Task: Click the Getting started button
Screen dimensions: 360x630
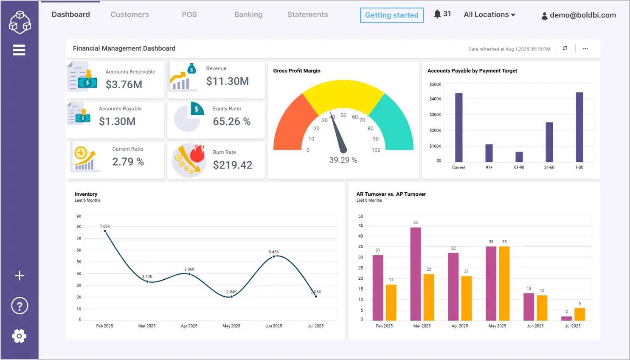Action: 391,15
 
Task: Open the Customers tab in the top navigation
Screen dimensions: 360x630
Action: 129,14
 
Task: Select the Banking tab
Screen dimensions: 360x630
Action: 248,14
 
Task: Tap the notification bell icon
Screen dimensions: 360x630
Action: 437,14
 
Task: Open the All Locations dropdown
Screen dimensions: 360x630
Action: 489,14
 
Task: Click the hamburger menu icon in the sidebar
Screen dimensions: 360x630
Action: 19,50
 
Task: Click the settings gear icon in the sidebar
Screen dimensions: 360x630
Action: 19,336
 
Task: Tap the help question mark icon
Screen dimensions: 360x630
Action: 20,306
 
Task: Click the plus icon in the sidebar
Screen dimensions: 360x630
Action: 20,276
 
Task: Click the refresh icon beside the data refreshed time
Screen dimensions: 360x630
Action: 565,48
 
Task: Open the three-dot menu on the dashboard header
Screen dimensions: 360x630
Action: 585,48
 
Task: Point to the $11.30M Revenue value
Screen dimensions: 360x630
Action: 228,81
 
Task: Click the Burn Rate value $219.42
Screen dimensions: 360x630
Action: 233,165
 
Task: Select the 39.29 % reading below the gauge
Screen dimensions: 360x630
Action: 343,160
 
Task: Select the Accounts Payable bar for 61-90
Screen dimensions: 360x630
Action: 519,157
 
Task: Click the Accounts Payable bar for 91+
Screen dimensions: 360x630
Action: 489,153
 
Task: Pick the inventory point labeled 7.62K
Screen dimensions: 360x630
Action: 105,231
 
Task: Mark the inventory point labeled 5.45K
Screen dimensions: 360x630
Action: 274,256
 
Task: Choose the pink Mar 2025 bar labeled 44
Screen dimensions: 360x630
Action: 416,274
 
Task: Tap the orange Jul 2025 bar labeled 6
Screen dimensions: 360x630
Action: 579,314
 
